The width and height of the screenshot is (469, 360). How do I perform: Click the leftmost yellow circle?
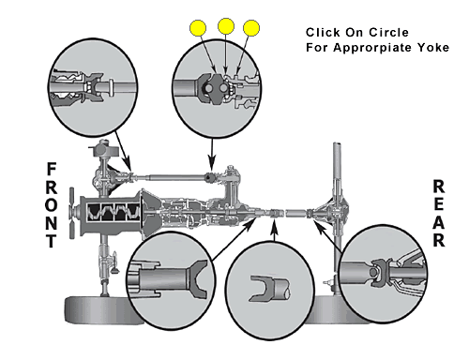[198, 28]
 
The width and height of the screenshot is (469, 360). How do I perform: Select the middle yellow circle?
[226, 26]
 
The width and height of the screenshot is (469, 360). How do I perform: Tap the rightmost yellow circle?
[251, 28]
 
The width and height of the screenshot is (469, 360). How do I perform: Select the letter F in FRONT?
[52, 169]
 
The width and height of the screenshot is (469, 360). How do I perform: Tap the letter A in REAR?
[439, 222]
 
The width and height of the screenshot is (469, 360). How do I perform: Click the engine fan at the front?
[72, 213]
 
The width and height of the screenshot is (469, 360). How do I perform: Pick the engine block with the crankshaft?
[111, 216]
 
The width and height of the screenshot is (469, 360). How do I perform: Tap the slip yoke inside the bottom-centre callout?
[269, 288]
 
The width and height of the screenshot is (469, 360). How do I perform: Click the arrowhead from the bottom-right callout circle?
[319, 225]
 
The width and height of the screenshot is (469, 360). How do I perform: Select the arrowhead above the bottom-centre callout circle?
[274, 226]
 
